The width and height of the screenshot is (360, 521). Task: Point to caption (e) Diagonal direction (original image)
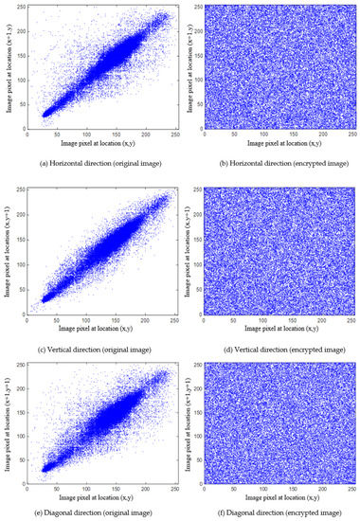(89, 514)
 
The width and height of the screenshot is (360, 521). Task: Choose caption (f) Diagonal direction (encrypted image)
(272, 514)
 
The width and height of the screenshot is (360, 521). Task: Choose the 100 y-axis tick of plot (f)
(206, 434)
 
